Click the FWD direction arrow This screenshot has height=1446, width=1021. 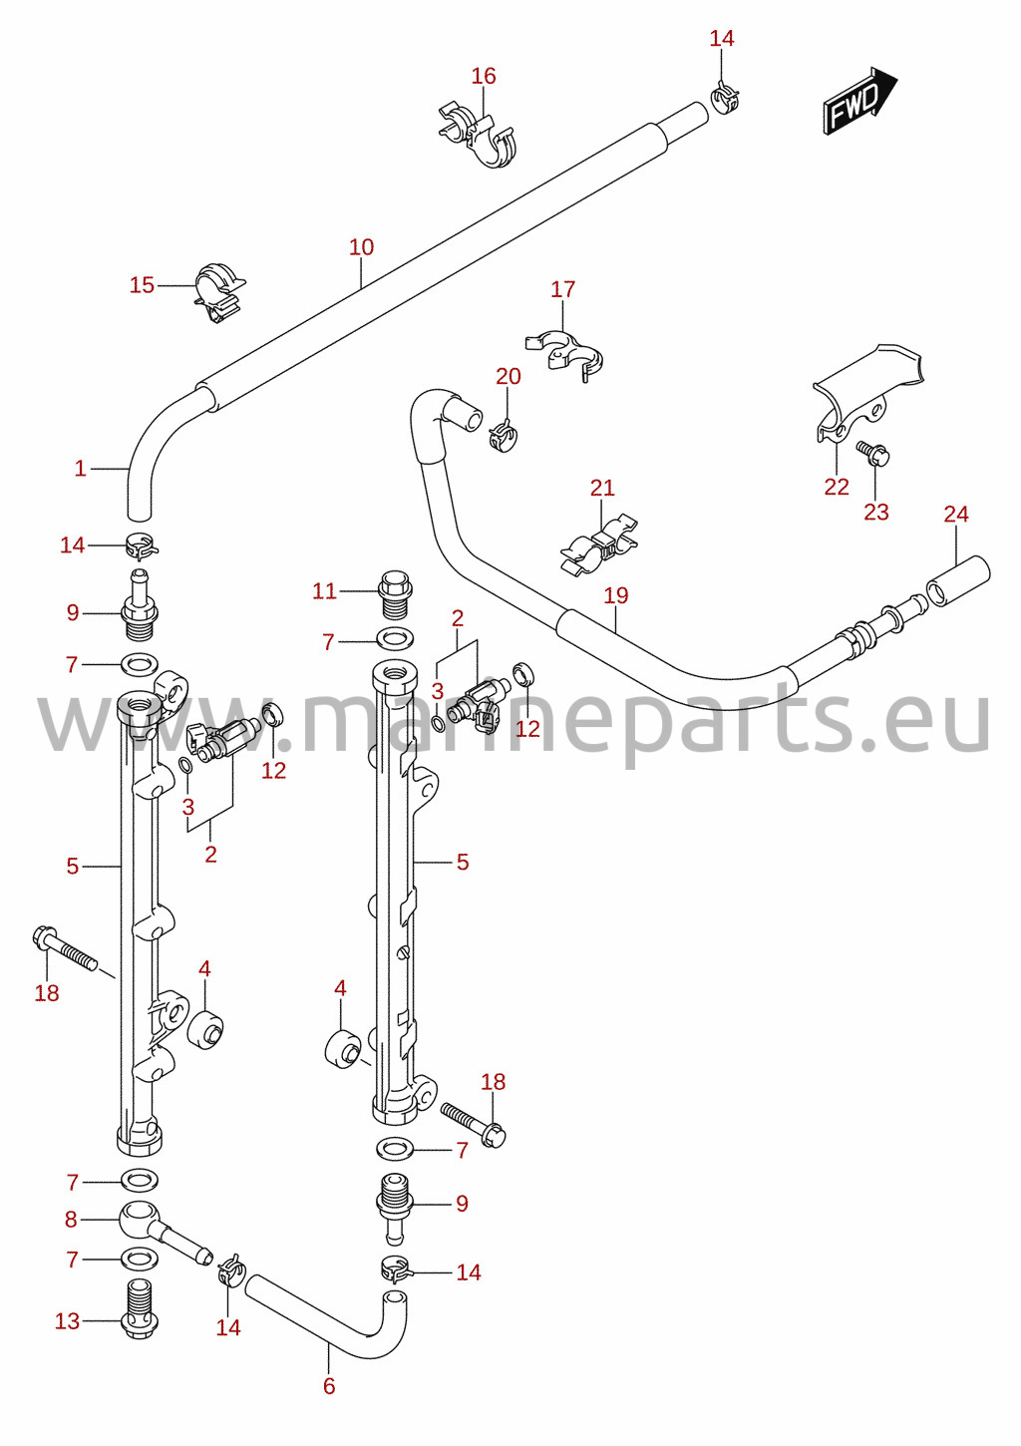859,102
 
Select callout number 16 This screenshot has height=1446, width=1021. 483,76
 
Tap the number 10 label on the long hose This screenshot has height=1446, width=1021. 361,246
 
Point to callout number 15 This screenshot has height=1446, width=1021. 142,284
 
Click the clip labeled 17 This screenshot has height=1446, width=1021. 564,352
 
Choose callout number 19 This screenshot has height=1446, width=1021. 616,595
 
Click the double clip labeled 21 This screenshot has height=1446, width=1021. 599,544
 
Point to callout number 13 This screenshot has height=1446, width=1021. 67,1320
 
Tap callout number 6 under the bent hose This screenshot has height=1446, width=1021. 329,1385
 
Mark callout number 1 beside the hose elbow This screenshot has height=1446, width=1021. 80,468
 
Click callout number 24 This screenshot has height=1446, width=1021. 956,514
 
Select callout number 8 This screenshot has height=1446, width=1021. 71,1220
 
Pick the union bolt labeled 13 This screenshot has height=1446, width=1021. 141,1309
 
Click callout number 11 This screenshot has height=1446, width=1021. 324,590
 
